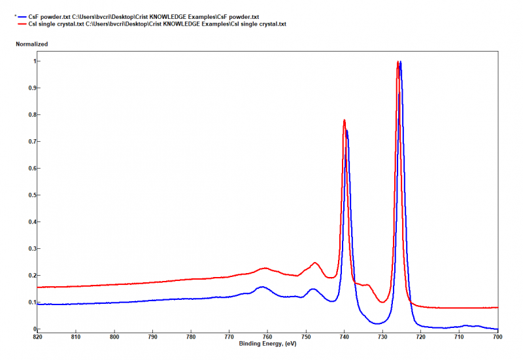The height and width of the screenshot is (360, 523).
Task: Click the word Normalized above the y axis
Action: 31,44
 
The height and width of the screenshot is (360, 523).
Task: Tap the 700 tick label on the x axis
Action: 498,337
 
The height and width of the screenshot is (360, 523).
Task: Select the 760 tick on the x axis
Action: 268,337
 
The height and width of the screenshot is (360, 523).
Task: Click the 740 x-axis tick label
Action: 345,337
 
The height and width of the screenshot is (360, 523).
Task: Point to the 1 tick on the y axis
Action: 32,61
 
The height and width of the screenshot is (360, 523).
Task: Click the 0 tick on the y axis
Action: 32,329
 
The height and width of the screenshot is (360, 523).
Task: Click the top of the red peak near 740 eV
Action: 344,120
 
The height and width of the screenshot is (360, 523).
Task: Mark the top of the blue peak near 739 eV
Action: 347,130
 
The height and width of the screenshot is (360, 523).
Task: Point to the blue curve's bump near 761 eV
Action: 262,287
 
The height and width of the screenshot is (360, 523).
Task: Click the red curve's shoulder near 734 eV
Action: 367,285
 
